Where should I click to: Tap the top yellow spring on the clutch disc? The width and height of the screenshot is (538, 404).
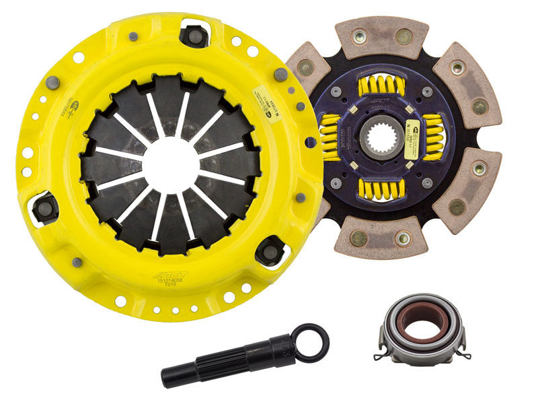click(382, 86)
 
